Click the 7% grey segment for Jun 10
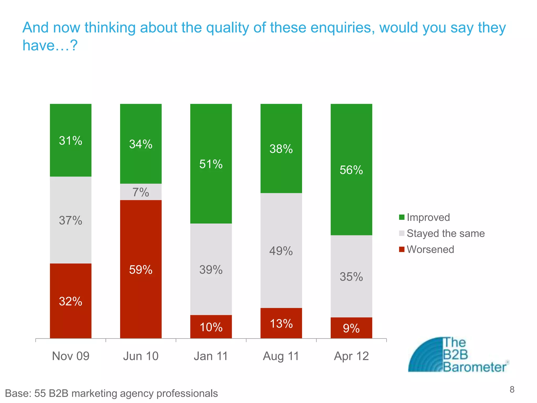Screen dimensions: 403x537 coord(141,192)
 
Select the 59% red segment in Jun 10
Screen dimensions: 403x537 coord(141,269)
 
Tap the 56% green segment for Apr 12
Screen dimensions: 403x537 coord(351,170)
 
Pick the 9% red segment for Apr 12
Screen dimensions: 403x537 coord(351,328)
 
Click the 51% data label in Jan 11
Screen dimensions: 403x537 coord(211,164)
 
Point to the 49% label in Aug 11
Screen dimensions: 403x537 coord(281,251)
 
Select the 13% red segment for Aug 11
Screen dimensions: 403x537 coord(281,323)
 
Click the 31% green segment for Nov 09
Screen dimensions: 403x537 coord(71,140)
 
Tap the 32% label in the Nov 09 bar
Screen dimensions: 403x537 coord(71,301)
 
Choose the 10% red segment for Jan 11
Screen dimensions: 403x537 coord(211,327)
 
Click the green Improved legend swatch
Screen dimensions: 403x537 coord(401,217)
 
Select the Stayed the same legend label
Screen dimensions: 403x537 coord(445,233)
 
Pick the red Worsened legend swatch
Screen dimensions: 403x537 coord(401,249)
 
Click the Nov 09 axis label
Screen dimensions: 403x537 coord(71,356)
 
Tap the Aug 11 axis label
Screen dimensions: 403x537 coord(281,356)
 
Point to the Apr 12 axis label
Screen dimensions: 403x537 coord(351,356)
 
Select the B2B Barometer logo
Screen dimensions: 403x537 coord(458,355)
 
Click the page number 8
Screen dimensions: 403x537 coord(512,389)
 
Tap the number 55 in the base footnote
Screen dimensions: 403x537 coord(40,393)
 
